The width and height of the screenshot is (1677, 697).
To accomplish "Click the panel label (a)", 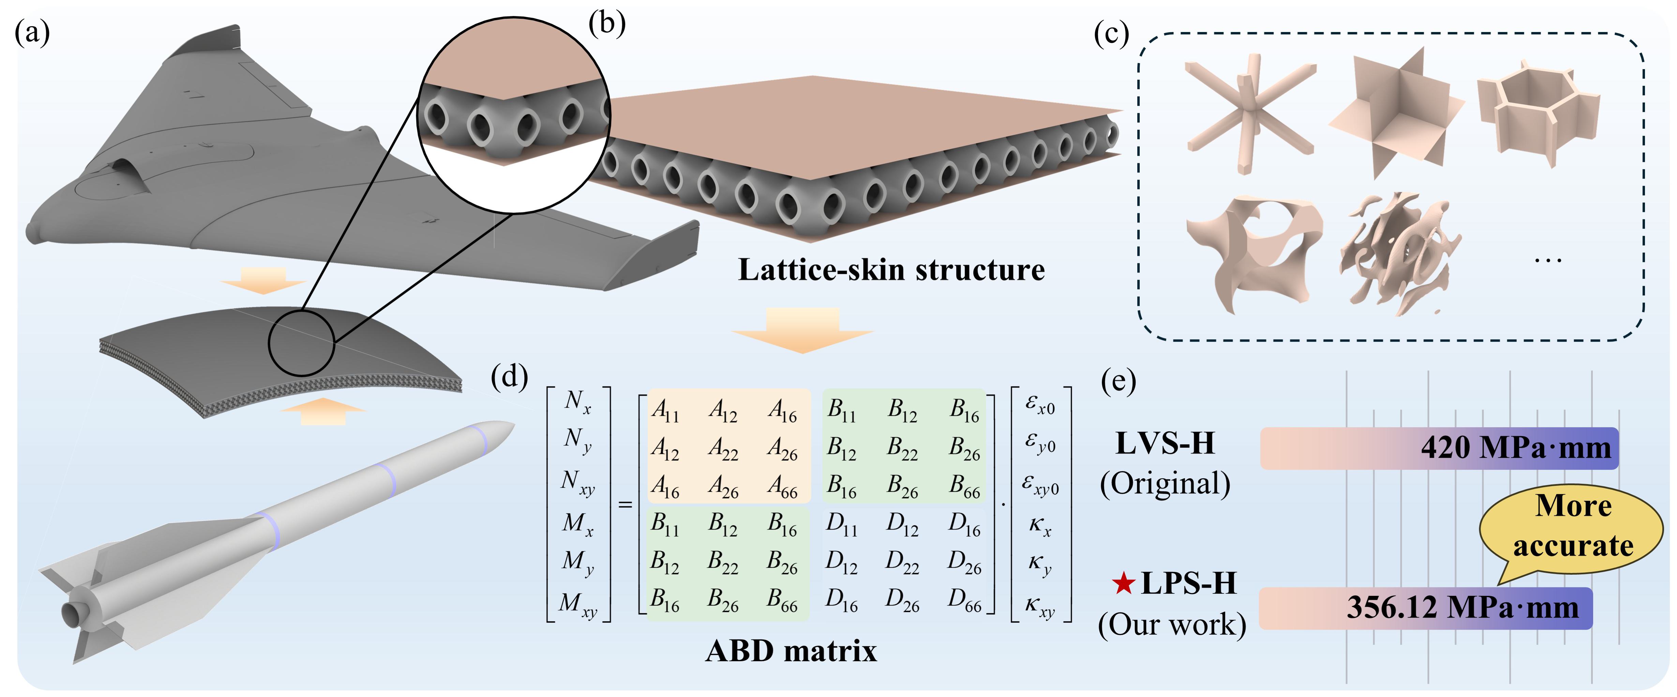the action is [32, 33].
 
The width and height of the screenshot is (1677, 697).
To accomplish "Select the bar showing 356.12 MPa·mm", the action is [1426, 608].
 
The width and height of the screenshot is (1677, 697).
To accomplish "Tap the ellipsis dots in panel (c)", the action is [1548, 261].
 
